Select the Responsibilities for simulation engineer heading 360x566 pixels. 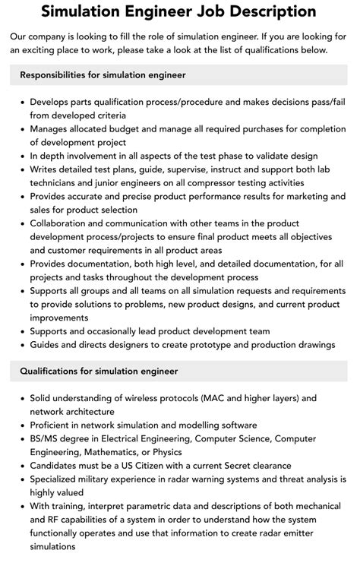(x=103, y=75)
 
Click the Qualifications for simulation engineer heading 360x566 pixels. (x=99, y=371)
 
